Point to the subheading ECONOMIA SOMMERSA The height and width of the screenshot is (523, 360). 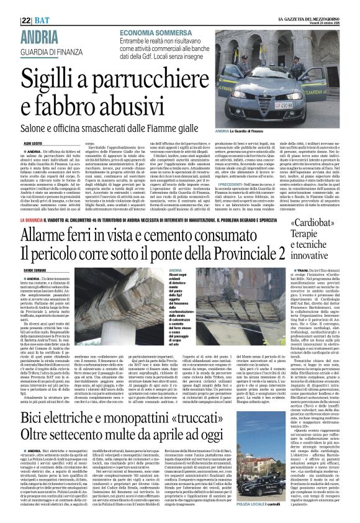pos(155,32)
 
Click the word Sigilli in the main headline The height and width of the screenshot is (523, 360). pos(52,78)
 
